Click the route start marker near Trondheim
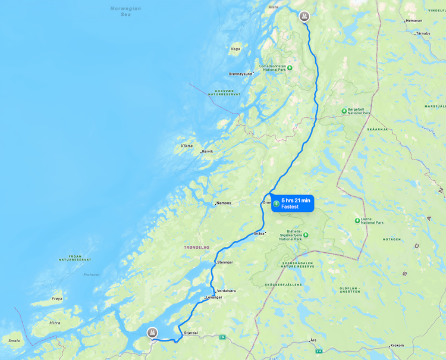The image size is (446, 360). coord(152,332)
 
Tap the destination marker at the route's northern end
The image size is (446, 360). coord(304,16)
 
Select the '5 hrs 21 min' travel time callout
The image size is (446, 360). coord(293,204)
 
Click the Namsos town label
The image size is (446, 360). coord(224,203)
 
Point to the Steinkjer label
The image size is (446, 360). coord(225,262)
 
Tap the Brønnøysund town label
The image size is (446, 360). coord(240,74)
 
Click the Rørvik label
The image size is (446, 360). coord(208,152)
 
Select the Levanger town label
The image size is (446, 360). coord(213,297)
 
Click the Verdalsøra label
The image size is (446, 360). coord(227,291)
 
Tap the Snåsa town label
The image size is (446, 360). coord(259,233)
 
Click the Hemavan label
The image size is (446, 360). coord(413,21)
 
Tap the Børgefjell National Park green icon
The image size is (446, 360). coord(344,111)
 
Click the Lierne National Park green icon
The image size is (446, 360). coord(357,220)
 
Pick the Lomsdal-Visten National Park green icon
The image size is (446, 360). coord(290,67)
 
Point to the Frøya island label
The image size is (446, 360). coord(57,298)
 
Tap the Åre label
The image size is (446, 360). coord(313,340)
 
